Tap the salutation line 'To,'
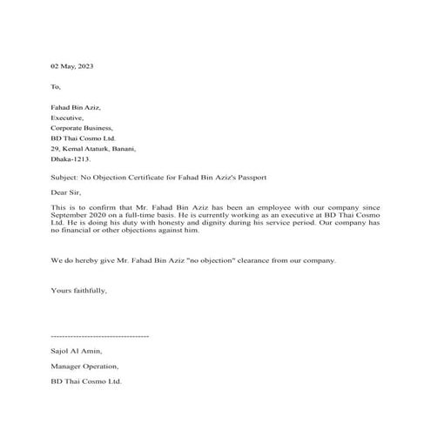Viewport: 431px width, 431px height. click(x=57, y=87)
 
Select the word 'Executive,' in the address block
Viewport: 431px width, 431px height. click(x=68, y=118)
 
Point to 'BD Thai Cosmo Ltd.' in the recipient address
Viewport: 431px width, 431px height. click(x=83, y=138)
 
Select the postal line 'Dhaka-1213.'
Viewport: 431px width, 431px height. click(x=71, y=159)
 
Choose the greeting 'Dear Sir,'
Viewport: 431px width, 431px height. click(x=66, y=192)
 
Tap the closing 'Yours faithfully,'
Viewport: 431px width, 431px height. click(x=79, y=289)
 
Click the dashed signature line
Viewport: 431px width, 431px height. click(x=100, y=335)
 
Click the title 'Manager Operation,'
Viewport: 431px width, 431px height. click(x=84, y=366)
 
